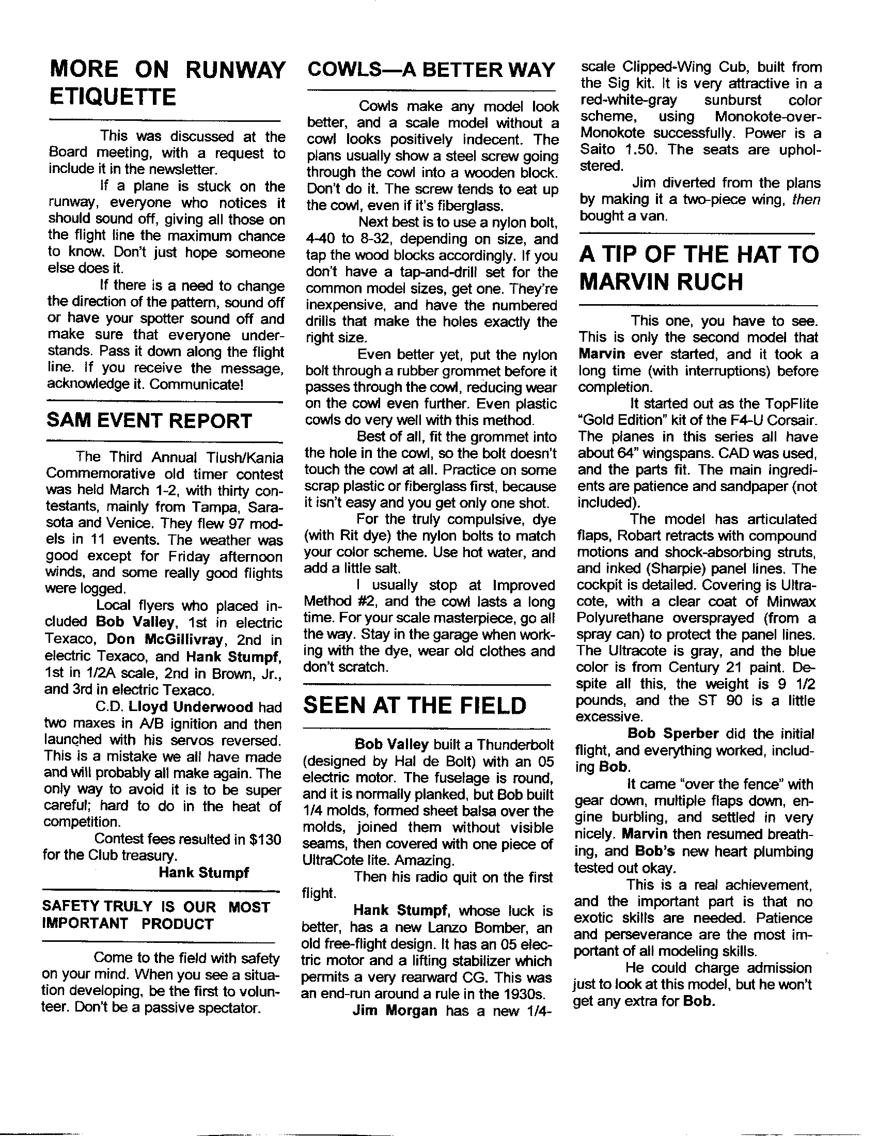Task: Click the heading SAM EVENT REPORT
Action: click(x=149, y=420)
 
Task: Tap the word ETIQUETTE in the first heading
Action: click(x=112, y=97)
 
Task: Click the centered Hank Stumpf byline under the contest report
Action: click(x=204, y=872)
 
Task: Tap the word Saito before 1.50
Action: click(x=597, y=150)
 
